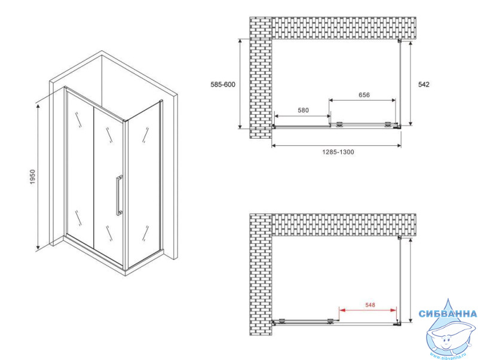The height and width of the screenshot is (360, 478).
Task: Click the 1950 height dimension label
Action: pos(33,176)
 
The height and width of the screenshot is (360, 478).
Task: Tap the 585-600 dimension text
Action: pos(223,84)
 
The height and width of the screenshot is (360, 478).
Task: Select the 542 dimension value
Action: pos(424,84)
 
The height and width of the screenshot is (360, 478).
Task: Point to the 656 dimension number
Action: pos(364,95)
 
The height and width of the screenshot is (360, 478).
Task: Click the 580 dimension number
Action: pos(303,110)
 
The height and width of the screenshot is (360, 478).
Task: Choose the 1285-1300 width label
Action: pos(338,152)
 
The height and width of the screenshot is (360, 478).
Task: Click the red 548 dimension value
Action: pos(370,305)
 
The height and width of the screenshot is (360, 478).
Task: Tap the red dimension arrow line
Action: pos(368,310)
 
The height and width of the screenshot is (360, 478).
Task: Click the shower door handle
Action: pos(119,196)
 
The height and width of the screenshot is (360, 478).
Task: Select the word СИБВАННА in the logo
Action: pos(448,313)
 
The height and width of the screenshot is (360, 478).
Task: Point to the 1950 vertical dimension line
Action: pos(38,176)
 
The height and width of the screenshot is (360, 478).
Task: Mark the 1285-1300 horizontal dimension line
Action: pos(336,145)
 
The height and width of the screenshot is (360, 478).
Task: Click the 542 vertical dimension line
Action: pos(410,83)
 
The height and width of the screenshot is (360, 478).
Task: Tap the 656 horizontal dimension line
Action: pos(362,100)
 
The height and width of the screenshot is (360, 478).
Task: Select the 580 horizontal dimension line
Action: pos(302,116)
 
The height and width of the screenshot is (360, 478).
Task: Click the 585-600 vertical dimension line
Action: pos(240,84)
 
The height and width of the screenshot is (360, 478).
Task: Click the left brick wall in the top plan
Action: pos(261,78)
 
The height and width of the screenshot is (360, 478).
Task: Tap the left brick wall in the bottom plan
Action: pos(261,274)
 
